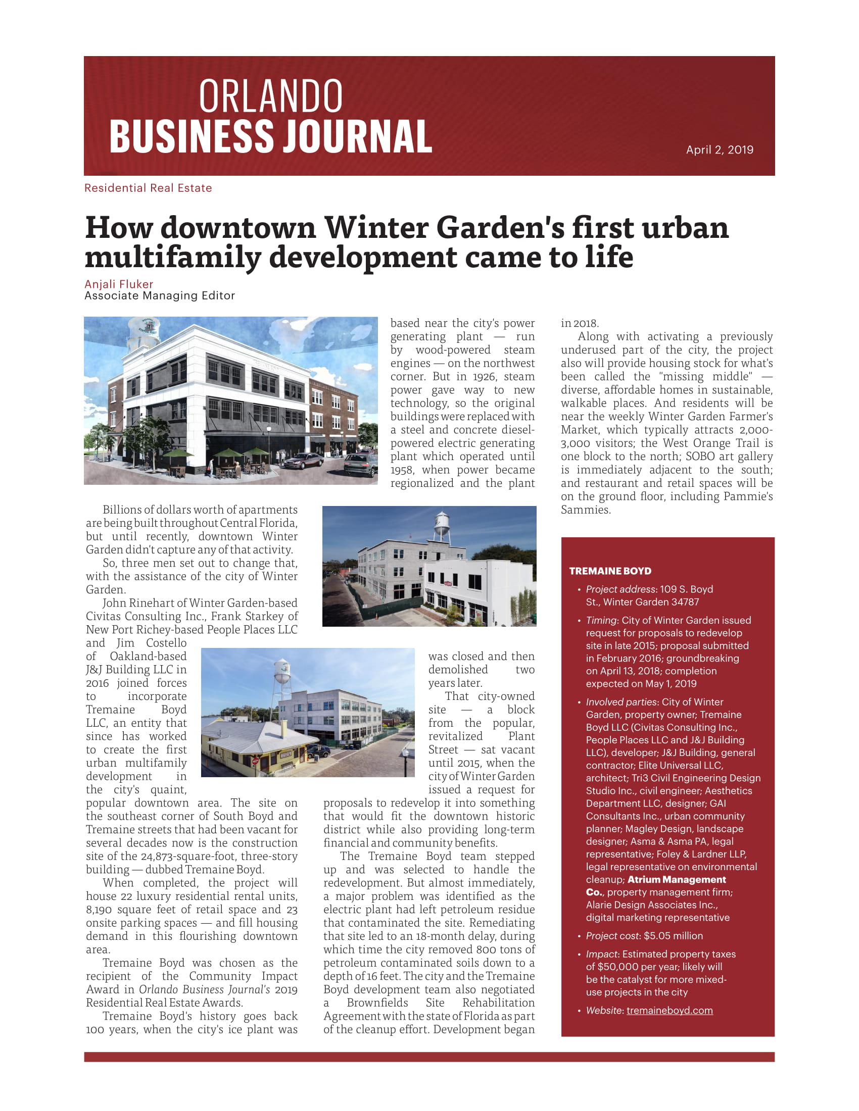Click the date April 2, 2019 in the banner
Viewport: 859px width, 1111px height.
click(719, 149)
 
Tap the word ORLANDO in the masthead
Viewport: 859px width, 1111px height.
click(271, 96)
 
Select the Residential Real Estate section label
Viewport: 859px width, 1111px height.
click(148, 188)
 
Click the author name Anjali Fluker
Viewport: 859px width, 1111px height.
click(119, 284)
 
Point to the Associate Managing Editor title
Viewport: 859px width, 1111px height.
click(159, 296)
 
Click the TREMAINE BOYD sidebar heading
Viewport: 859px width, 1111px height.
click(610, 571)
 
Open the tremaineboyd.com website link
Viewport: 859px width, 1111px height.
click(669, 1011)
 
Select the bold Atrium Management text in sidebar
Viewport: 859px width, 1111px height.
click(676, 880)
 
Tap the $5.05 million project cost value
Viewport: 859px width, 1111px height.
click(673, 936)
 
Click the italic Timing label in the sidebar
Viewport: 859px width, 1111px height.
click(601, 621)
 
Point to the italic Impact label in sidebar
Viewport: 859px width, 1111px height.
click(602, 954)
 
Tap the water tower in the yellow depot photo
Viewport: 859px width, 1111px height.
click(281, 673)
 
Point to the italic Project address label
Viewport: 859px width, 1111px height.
click(621, 589)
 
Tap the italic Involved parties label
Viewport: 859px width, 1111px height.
click(621, 702)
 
